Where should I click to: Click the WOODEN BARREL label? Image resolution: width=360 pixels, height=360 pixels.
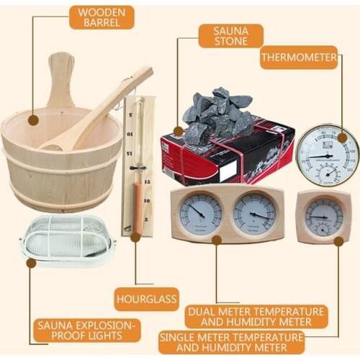(102, 17)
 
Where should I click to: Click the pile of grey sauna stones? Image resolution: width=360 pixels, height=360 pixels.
(216, 115)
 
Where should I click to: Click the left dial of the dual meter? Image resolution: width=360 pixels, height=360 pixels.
(200, 214)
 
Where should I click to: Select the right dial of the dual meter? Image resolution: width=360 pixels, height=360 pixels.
(253, 214)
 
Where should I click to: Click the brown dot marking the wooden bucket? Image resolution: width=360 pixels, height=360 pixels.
(32, 121)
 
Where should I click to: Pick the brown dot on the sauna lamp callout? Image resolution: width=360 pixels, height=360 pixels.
(31, 264)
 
